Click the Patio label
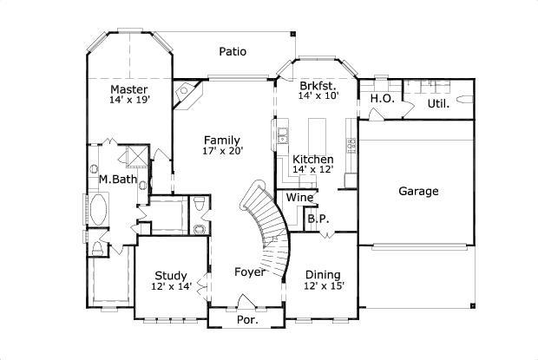tap(232, 51)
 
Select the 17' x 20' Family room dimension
tap(223, 151)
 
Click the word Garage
tap(418, 191)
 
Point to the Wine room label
tap(299, 197)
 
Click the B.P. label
tap(318, 219)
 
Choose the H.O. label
tap(382, 99)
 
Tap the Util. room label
tap(438, 104)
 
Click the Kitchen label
tap(312, 160)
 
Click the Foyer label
tap(250, 272)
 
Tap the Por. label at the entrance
tap(247, 319)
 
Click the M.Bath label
tap(116, 180)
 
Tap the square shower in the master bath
tap(134, 157)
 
